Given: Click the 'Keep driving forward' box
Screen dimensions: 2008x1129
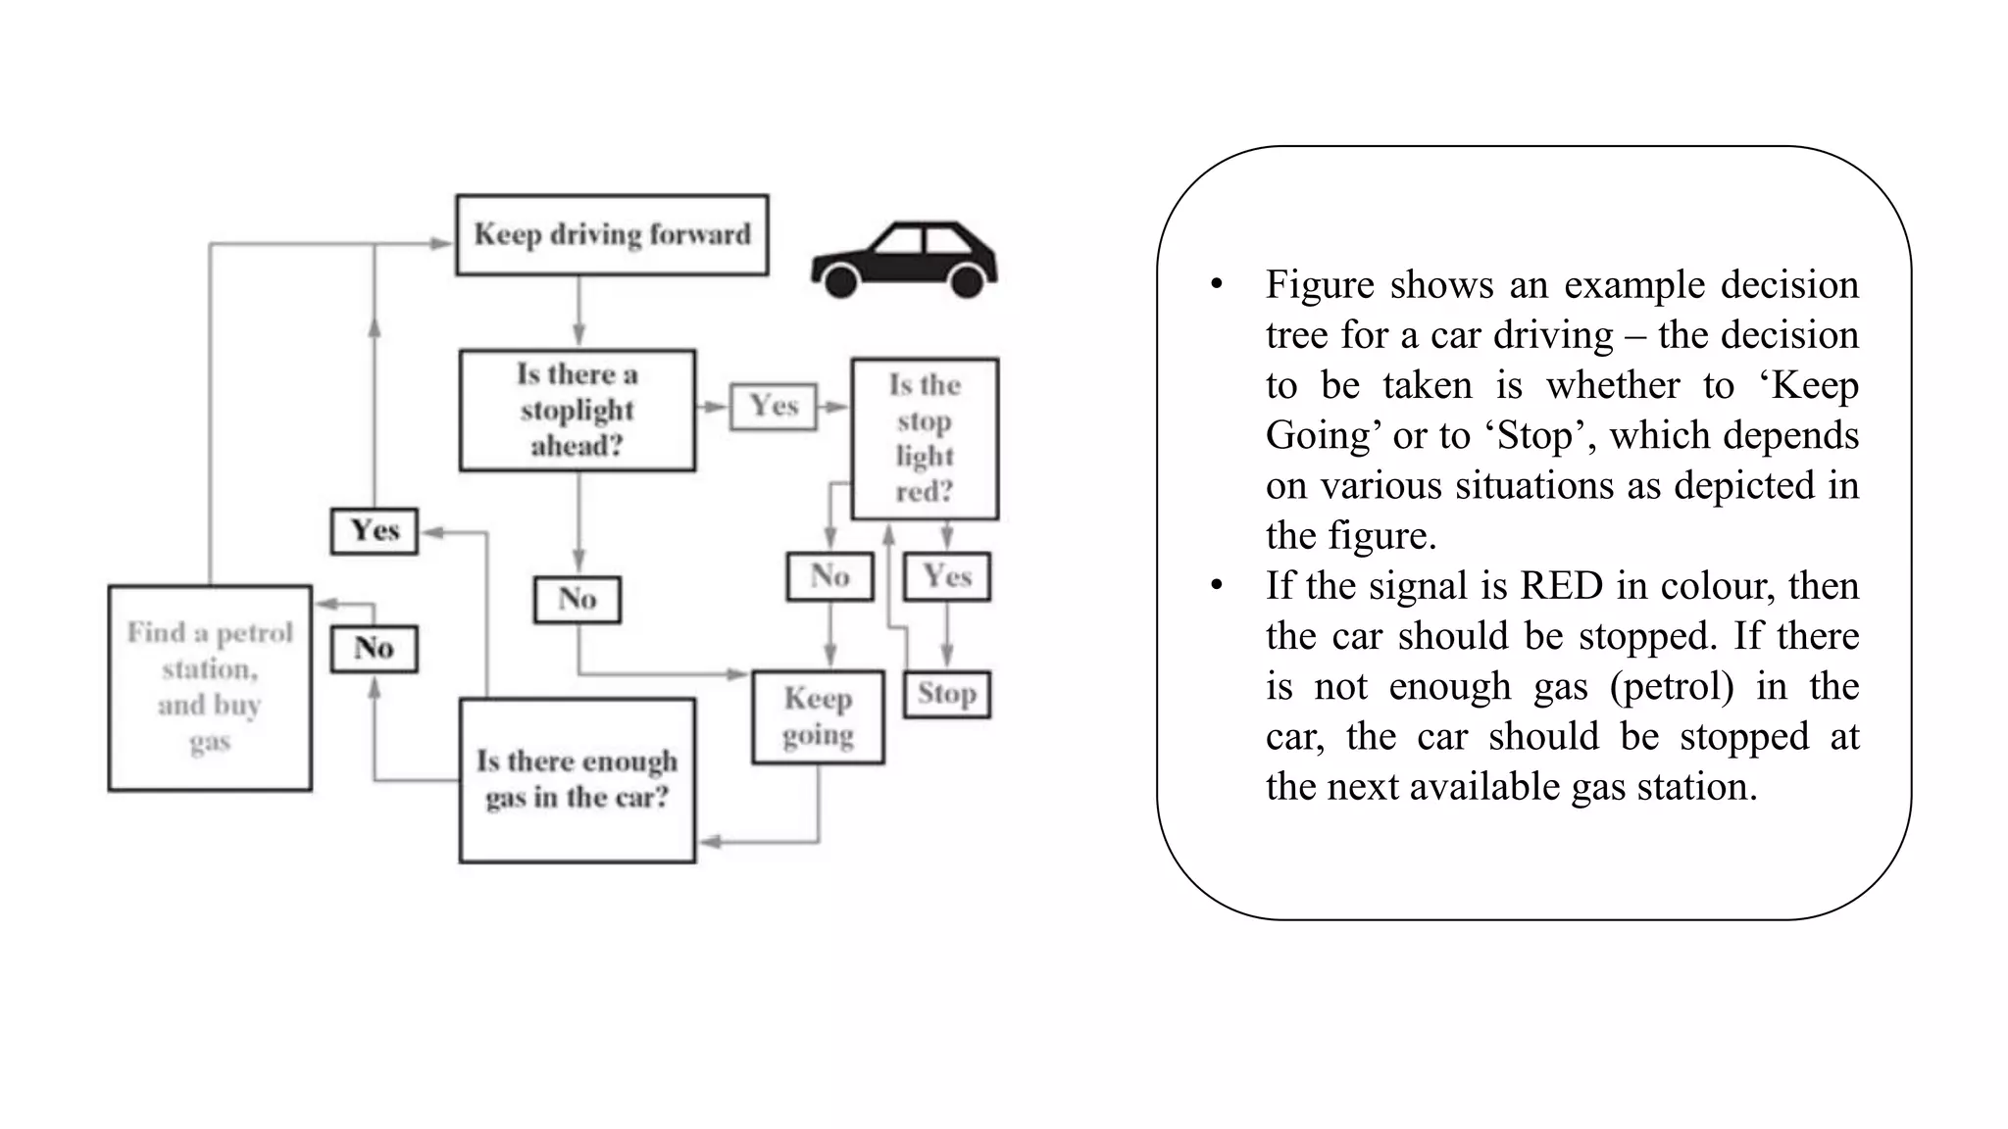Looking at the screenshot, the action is pyautogui.click(x=612, y=235).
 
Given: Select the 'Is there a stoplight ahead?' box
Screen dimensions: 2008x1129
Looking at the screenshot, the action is pyautogui.click(x=577, y=411).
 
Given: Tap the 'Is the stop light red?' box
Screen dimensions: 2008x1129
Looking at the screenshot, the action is pyautogui.click(x=925, y=438).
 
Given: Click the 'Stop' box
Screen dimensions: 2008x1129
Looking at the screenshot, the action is pyautogui.click(x=946, y=694).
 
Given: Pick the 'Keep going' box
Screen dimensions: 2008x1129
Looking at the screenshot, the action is pyautogui.click(x=818, y=716).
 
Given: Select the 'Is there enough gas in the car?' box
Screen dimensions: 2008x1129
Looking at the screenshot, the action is pyautogui.click(x=577, y=780).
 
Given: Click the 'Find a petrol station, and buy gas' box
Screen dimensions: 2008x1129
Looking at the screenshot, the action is pyautogui.click(x=210, y=688).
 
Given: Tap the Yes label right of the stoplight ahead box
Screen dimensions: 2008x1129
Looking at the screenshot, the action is pyautogui.click(x=774, y=406).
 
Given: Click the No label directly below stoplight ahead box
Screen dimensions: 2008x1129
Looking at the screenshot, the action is pyautogui.click(x=577, y=599).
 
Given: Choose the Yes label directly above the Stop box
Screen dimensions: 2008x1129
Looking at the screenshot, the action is pyautogui.click(x=946, y=576).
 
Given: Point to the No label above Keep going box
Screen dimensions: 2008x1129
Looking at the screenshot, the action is pyautogui.click(x=829, y=576).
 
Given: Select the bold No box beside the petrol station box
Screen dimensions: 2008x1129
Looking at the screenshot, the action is pyautogui.click(x=374, y=649).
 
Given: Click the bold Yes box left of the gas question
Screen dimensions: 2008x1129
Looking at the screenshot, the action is pyautogui.click(x=375, y=531).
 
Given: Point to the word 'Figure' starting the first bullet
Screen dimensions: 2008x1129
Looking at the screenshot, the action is pyautogui.click(x=1321, y=285).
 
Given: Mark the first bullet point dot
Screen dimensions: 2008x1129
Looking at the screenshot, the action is pyautogui.click(x=1217, y=285).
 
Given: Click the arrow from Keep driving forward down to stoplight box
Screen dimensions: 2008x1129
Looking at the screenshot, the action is pyautogui.click(x=578, y=312).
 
